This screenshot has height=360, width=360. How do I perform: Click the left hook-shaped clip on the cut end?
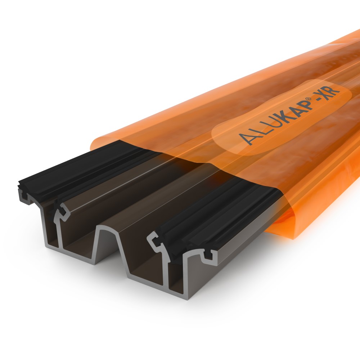pyautogui.click(x=62, y=212)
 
